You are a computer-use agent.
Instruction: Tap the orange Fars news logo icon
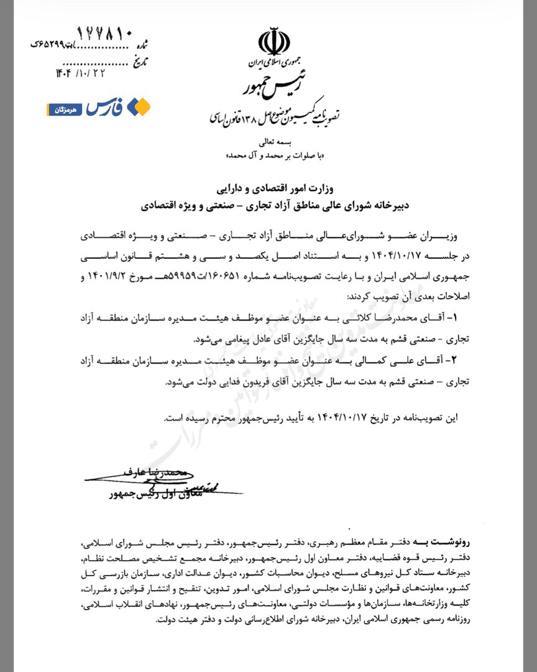(139, 108)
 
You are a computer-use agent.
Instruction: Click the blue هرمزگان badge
(65, 110)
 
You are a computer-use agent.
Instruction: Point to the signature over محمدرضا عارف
(143, 476)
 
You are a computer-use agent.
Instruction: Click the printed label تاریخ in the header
(140, 60)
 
